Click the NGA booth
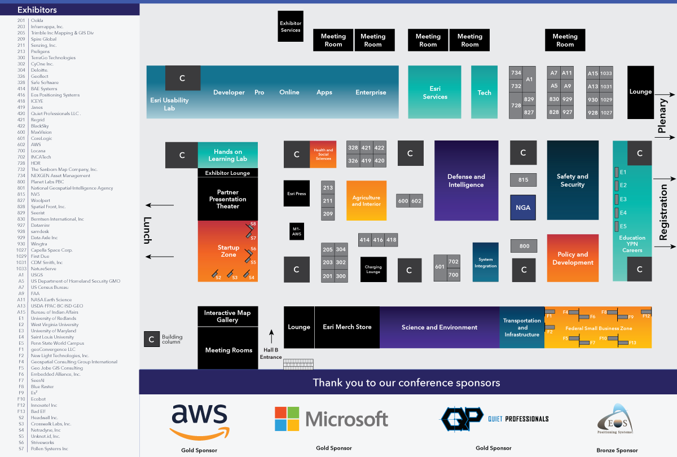click(x=523, y=207)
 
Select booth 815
click(x=523, y=180)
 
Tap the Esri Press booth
click(x=297, y=194)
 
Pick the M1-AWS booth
click(x=297, y=231)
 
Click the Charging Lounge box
click(x=373, y=270)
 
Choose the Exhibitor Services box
click(x=291, y=26)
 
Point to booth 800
click(x=524, y=246)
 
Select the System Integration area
click(x=485, y=262)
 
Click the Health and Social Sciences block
click(x=323, y=154)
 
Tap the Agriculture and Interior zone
click(x=366, y=200)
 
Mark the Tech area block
click(x=484, y=92)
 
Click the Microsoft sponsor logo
click(x=331, y=419)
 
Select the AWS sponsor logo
click(x=199, y=421)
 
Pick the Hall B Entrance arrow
click(x=271, y=337)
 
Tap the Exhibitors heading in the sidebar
click(x=37, y=10)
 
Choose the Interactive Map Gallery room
click(x=227, y=317)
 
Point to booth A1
click(x=529, y=80)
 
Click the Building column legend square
click(x=151, y=339)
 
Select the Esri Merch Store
click(x=347, y=327)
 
